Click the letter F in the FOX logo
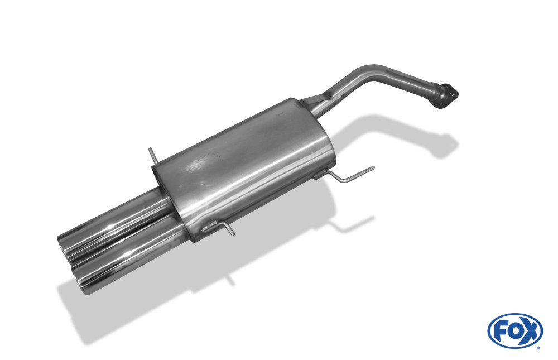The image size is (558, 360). [501, 331]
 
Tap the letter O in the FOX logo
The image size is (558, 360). [515, 331]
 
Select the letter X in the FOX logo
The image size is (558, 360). [530, 331]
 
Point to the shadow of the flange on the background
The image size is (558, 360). [446, 144]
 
